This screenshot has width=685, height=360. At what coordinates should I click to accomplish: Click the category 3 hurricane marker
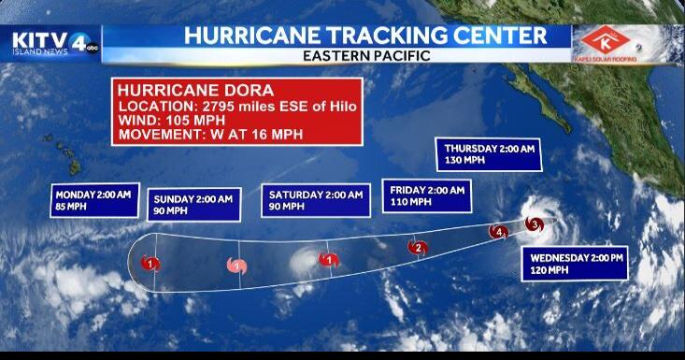coord(534,224)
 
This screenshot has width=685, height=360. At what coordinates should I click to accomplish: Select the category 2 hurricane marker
coord(419,247)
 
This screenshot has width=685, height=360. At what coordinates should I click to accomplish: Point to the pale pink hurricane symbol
coord(238,266)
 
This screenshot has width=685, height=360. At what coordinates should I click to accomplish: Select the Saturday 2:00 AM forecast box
coord(314,201)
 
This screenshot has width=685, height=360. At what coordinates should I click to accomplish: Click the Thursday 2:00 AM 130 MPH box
coord(490,154)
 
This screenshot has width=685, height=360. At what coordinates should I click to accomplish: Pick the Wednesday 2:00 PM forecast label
coord(578,263)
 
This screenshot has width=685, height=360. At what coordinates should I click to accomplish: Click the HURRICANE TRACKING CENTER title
coord(365,36)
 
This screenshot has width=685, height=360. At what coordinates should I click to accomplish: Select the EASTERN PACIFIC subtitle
coord(365,55)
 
